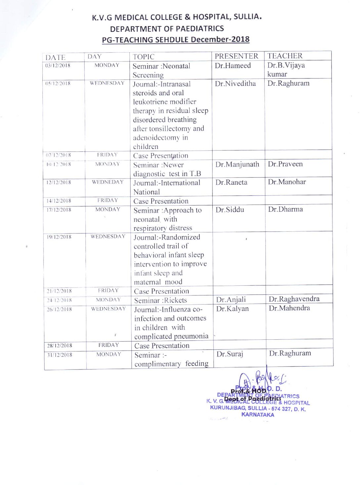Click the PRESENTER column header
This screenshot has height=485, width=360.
(236, 56)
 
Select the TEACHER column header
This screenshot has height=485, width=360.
(285, 56)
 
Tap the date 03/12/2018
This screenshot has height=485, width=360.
(58, 66)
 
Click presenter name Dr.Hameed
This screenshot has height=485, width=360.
(233, 66)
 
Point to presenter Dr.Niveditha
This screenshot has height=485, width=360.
(235, 83)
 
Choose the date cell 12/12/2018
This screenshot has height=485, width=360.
(59, 182)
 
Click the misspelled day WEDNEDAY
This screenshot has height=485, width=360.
(108, 182)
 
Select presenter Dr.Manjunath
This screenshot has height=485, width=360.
(237, 164)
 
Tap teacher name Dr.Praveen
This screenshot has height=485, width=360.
(285, 164)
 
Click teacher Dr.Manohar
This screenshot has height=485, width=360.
(287, 182)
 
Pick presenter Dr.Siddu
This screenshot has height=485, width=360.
(230, 210)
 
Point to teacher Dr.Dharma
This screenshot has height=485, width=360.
(285, 209)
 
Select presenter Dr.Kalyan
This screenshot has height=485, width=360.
(232, 309)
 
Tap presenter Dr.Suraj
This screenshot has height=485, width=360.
(230, 354)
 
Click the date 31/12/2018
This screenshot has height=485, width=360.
(60, 355)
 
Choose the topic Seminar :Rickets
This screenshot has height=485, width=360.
(160, 300)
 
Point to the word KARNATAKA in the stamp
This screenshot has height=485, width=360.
(258, 414)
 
